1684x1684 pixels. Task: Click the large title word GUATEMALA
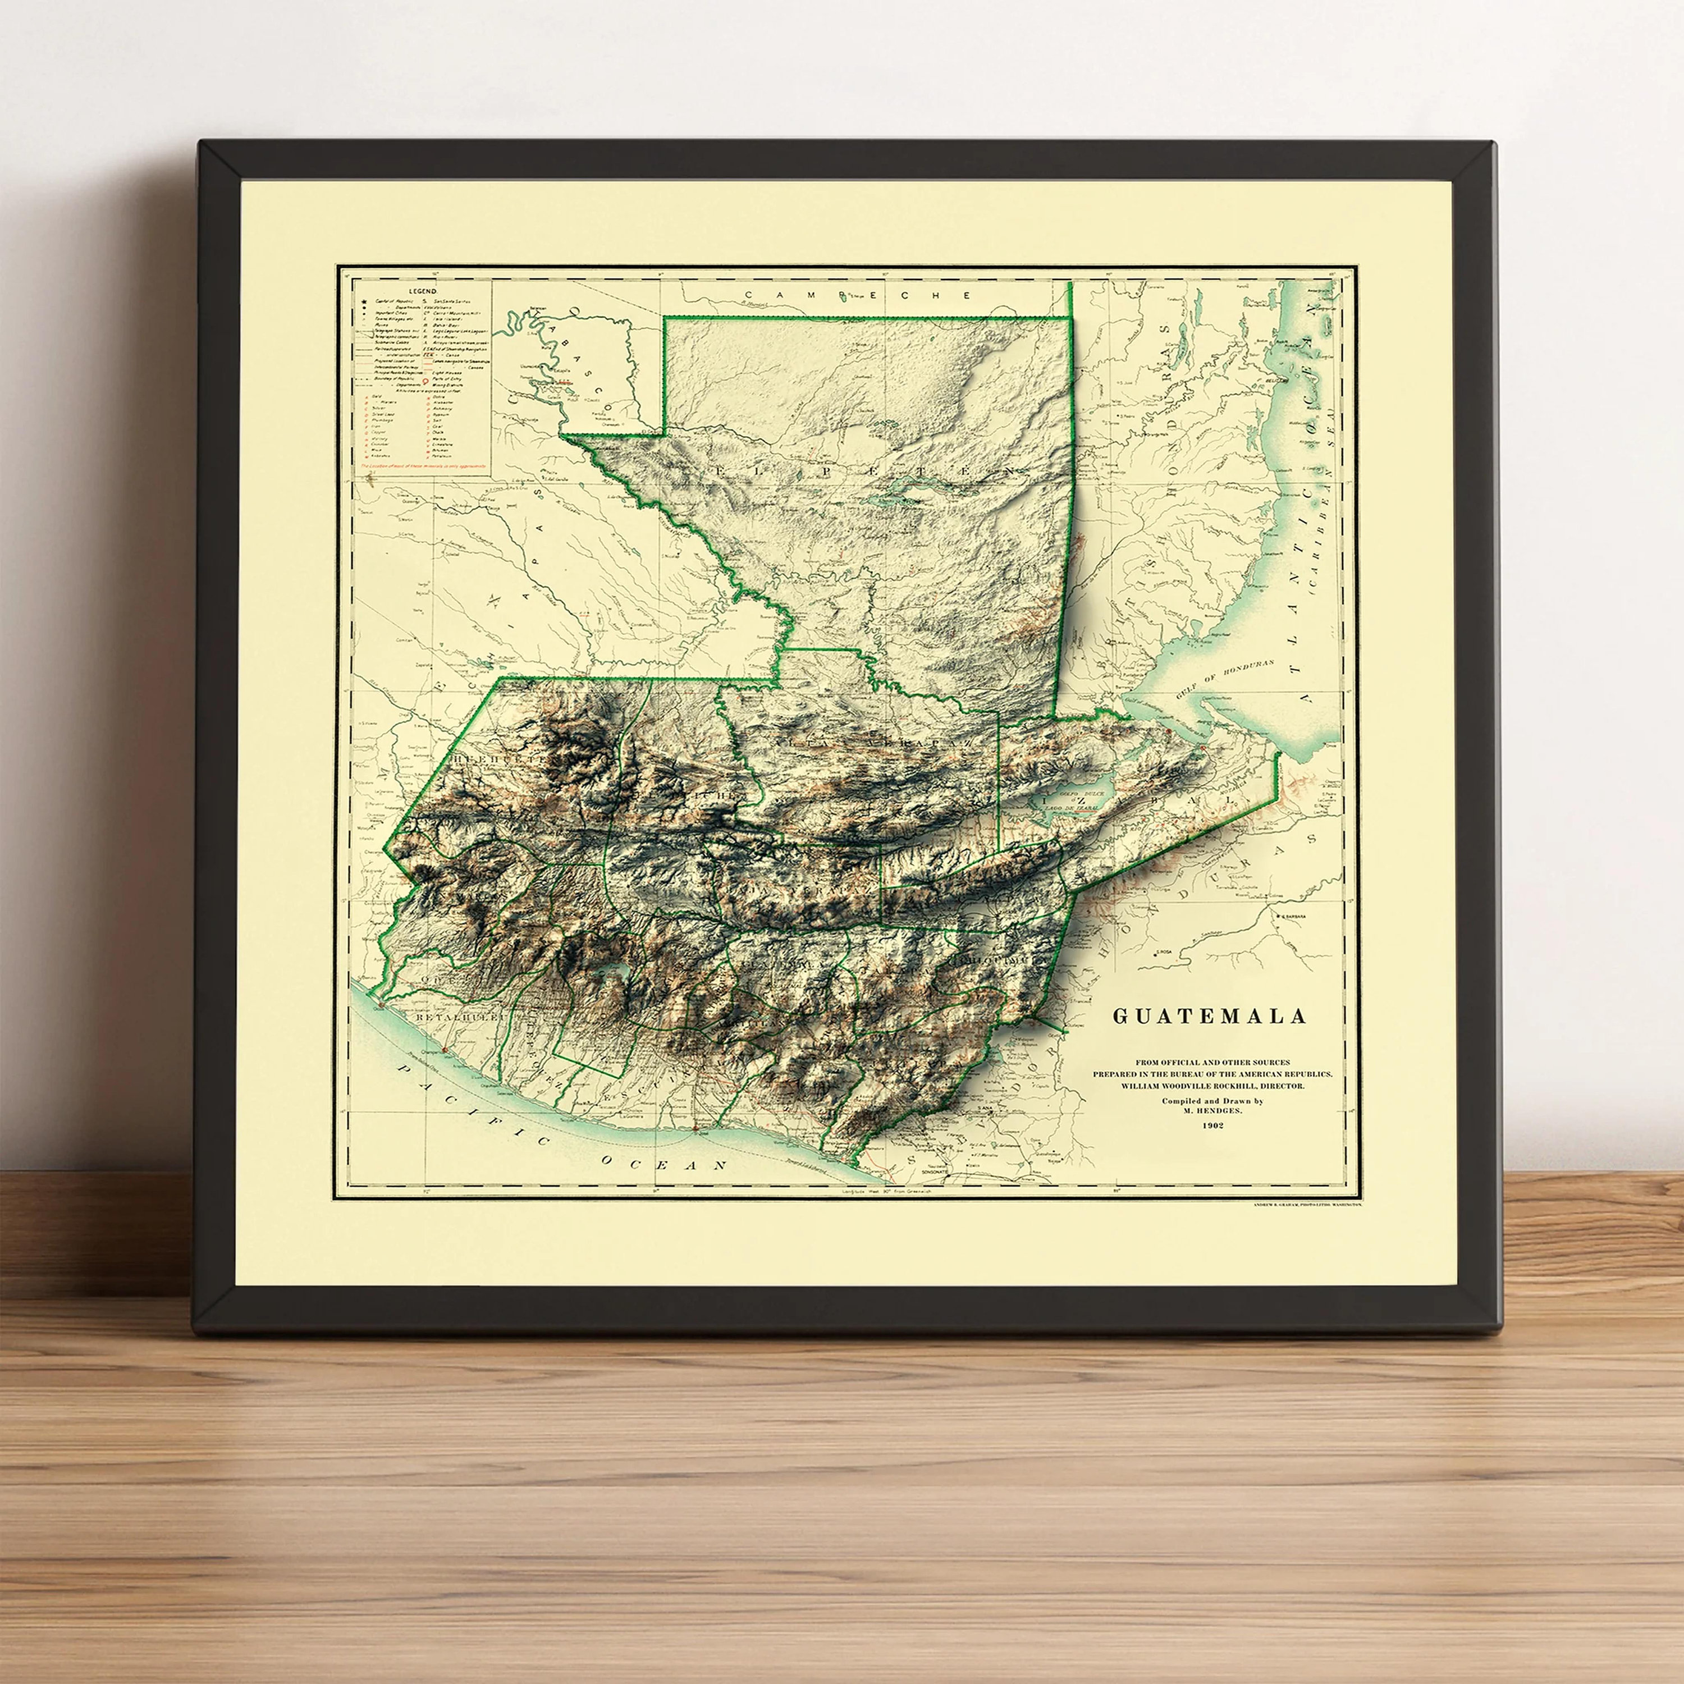tap(1209, 1015)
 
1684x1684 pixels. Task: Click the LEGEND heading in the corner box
tap(423, 290)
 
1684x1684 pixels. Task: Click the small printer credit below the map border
tap(1307, 1203)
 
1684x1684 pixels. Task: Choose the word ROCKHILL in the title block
tap(1231, 1087)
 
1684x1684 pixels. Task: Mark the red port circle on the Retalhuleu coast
tap(380, 1006)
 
